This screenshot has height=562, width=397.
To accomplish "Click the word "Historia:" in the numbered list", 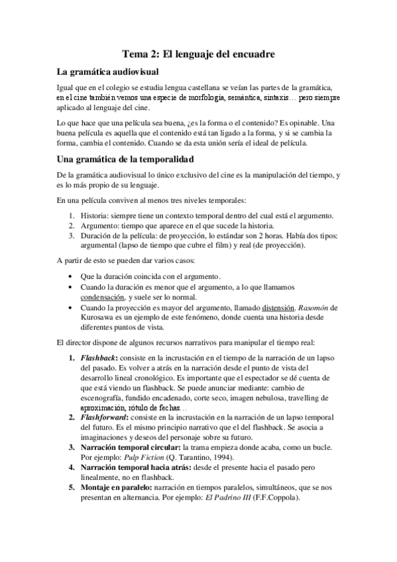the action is [97, 216].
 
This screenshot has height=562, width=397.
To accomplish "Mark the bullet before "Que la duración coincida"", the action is [72, 276].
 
